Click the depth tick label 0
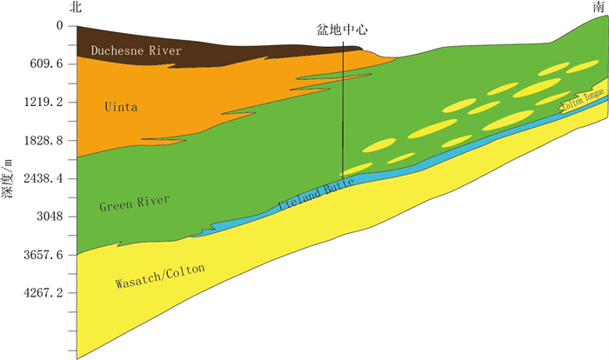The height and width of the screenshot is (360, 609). [59, 26]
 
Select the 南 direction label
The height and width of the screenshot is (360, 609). [598, 8]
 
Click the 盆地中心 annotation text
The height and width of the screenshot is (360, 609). [342, 29]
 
